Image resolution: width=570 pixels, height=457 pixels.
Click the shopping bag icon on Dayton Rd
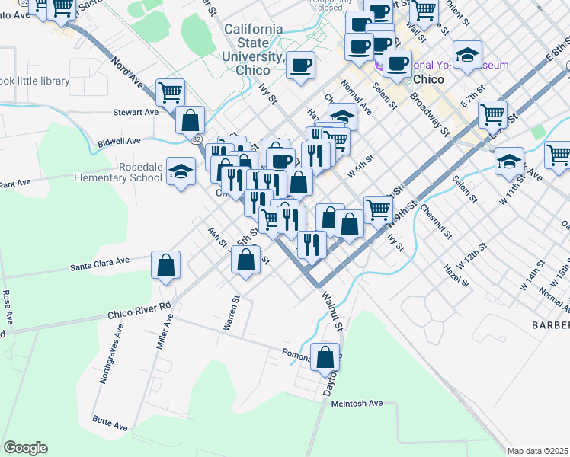pyautogui.click(x=325, y=356)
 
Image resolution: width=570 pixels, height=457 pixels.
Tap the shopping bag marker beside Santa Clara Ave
pyautogui.click(x=165, y=266)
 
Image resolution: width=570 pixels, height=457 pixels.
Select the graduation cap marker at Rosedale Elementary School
pyautogui.click(x=181, y=172)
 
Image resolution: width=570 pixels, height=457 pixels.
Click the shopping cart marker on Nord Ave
pyautogui.click(x=170, y=93)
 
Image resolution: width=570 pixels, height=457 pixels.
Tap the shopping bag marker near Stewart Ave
pyautogui.click(x=190, y=120)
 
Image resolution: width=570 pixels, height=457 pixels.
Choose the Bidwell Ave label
pyautogui.click(x=120, y=142)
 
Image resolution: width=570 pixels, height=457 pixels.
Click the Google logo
pyautogui.click(x=25, y=448)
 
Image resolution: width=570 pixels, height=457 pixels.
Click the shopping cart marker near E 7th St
pyautogui.click(x=493, y=114)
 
